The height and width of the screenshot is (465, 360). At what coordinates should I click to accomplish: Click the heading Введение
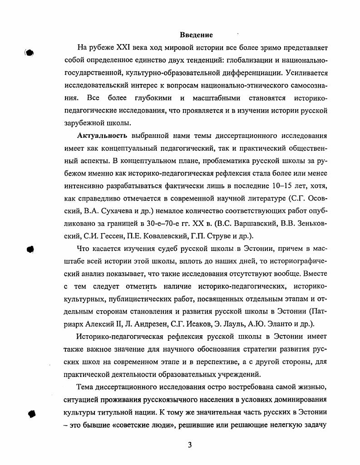tap(196, 35)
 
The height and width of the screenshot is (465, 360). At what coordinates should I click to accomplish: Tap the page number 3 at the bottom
tap(190, 445)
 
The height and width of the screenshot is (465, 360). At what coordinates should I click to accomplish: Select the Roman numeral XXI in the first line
tap(125, 47)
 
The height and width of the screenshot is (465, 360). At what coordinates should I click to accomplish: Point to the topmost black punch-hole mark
tap(30, 53)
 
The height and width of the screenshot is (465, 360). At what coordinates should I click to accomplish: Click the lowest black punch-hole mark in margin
tap(31, 413)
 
